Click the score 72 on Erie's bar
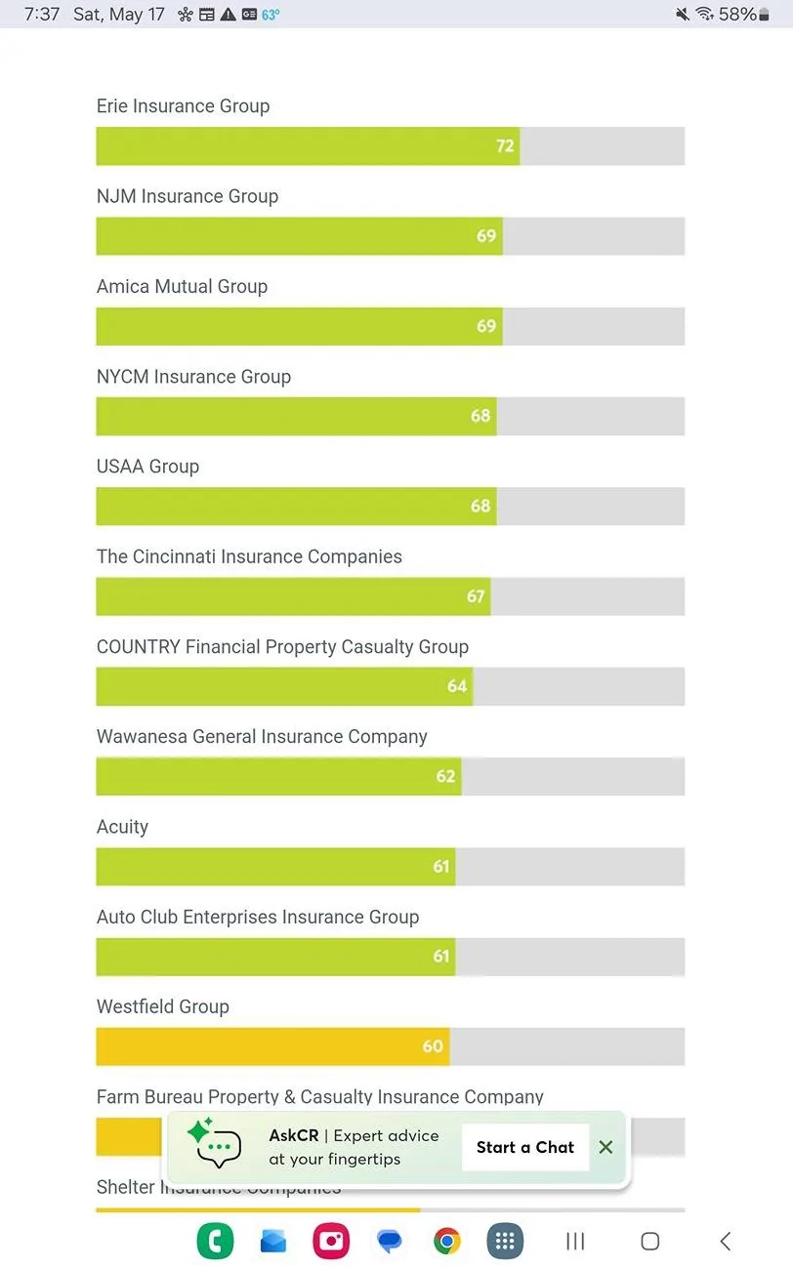pos(505,146)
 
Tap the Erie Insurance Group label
pos(183,106)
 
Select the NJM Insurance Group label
pos(188,196)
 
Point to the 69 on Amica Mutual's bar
pos(486,326)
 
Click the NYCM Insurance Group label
pos(193,377)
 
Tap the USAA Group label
pos(147,467)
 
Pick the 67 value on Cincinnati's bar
pos(476,596)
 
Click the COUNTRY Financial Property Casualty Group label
pos(282,647)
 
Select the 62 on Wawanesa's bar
pos(445,777)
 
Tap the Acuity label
pos(122,827)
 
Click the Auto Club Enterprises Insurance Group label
pos(258,918)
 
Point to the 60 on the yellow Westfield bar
pos(433,1047)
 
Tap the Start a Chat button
pos(525,1148)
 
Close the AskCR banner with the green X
pos(605,1148)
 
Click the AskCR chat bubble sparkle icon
pos(214,1144)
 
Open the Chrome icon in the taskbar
pos(447,1241)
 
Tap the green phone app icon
pos(215,1241)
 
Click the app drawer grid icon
pos(505,1241)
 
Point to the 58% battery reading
pos(737,14)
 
